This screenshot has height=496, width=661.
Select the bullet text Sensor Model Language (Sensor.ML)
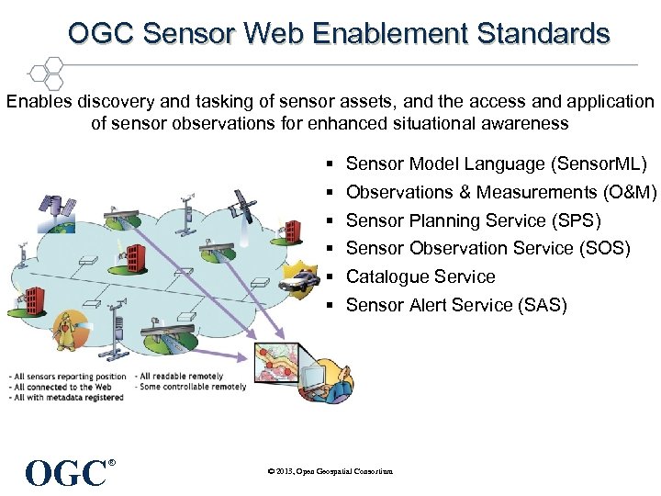[496, 164]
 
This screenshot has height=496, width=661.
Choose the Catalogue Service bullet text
[420, 276]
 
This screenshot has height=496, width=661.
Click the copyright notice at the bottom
[330, 471]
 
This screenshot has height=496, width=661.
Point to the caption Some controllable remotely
[191, 387]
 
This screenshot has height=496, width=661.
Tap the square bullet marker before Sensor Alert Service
[328, 306]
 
